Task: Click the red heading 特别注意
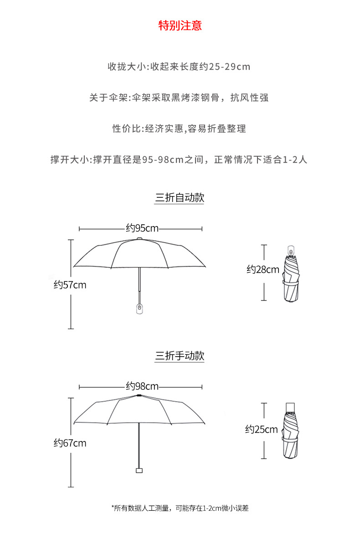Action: tap(180, 26)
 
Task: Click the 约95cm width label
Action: tap(142, 228)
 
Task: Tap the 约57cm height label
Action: tap(70, 285)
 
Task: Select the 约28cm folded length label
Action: tap(263, 269)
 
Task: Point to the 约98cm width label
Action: tap(142, 387)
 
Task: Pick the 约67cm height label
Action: tap(70, 443)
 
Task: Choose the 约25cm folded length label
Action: tap(262, 429)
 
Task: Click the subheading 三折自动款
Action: tap(180, 198)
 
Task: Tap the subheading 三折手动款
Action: tap(180, 356)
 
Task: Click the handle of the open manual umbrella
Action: tap(139, 470)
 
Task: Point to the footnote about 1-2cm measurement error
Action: tap(180, 508)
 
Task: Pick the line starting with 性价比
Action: tap(179, 129)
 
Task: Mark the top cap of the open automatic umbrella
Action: tap(139, 238)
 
